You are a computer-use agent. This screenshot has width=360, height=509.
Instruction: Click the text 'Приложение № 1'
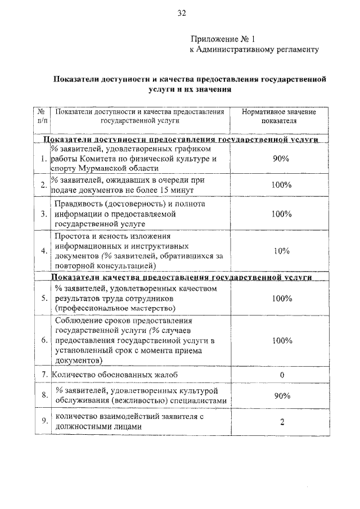click(x=222, y=39)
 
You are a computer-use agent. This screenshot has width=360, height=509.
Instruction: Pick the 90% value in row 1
click(x=281, y=159)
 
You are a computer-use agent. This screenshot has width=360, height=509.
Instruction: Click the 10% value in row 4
click(x=281, y=251)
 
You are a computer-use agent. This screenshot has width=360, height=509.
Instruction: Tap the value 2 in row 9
click(x=281, y=422)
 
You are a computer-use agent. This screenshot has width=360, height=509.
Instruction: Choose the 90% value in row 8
click(x=281, y=396)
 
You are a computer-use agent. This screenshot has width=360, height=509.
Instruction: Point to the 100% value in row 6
click(x=281, y=341)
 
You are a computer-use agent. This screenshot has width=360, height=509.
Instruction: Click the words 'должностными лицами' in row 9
click(x=95, y=427)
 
